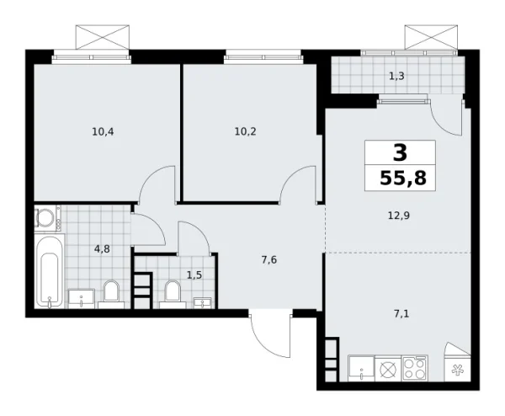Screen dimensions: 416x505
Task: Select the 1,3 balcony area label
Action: (x=395, y=77)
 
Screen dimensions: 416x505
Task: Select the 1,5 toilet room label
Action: (x=194, y=275)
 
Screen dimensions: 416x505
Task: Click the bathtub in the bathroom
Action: (x=49, y=271)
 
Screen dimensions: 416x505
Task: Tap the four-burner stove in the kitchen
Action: (x=416, y=369)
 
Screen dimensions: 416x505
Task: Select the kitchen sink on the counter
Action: (x=363, y=368)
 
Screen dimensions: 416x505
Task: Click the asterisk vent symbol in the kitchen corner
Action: (x=459, y=370)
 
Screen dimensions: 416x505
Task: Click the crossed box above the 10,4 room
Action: (x=104, y=37)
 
